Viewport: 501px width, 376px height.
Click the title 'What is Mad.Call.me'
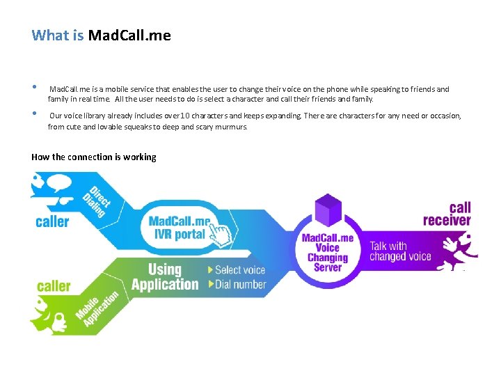[x=101, y=35]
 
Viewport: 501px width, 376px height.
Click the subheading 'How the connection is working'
[x=94, y=157]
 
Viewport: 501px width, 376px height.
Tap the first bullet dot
[x=34, y=88]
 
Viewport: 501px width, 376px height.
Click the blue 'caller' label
[x=52, y=221]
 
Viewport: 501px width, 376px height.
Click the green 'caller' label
[x=54, y=285]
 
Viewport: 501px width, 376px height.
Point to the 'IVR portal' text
[x=180, y=235]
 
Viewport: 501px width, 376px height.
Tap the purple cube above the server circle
[x=328, y=209]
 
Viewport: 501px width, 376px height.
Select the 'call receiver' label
[x=447, y=214]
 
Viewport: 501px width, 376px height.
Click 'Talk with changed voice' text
[x=400, y=251]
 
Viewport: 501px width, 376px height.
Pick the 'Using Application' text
[x=165, y=276]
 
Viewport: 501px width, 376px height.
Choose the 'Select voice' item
[x=237, y=269]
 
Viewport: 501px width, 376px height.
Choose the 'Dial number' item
[x=237, y=284]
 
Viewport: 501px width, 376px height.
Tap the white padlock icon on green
[x=61, y=321]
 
